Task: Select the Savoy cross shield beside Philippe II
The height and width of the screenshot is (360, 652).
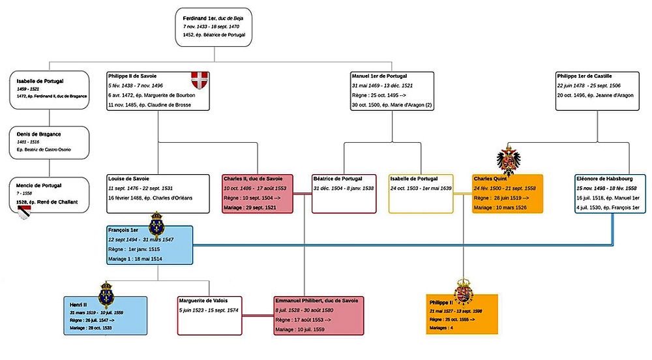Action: click(x=200, y=82)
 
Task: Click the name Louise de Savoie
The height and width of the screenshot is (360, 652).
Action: click(x=129, y=177)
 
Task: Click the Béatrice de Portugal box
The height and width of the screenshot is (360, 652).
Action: click(x=344, y=193)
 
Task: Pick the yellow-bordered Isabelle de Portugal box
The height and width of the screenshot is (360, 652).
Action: click(x=421, y=193)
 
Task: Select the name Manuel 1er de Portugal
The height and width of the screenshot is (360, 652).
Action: click(x=379, y=76)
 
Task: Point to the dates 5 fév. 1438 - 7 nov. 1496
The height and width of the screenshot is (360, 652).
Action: click(x=136, y=85)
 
